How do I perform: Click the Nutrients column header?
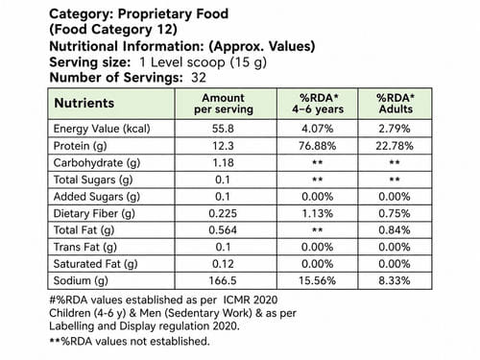(84, 103)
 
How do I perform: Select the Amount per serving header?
(224, 104)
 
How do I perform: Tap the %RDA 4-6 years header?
(318, 104)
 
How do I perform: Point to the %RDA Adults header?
(396, 104)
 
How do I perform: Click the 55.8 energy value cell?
(223, 129)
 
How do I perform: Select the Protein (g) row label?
(80, 146)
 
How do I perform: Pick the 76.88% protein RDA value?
(318, 146)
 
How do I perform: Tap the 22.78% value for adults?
(395, 146)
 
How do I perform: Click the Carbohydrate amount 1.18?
(223, 163)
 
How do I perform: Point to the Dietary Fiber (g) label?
(94, 213)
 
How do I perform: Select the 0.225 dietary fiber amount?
(223, 213)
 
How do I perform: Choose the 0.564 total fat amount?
(223, 230)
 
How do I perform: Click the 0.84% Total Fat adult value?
(395, 230)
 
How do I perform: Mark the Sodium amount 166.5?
(223, 280)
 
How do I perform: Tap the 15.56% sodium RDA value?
(318, 280)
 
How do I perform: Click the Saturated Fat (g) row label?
(95, 264)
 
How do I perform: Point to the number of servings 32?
(199, 78)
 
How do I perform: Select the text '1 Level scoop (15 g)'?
(203, 62)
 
